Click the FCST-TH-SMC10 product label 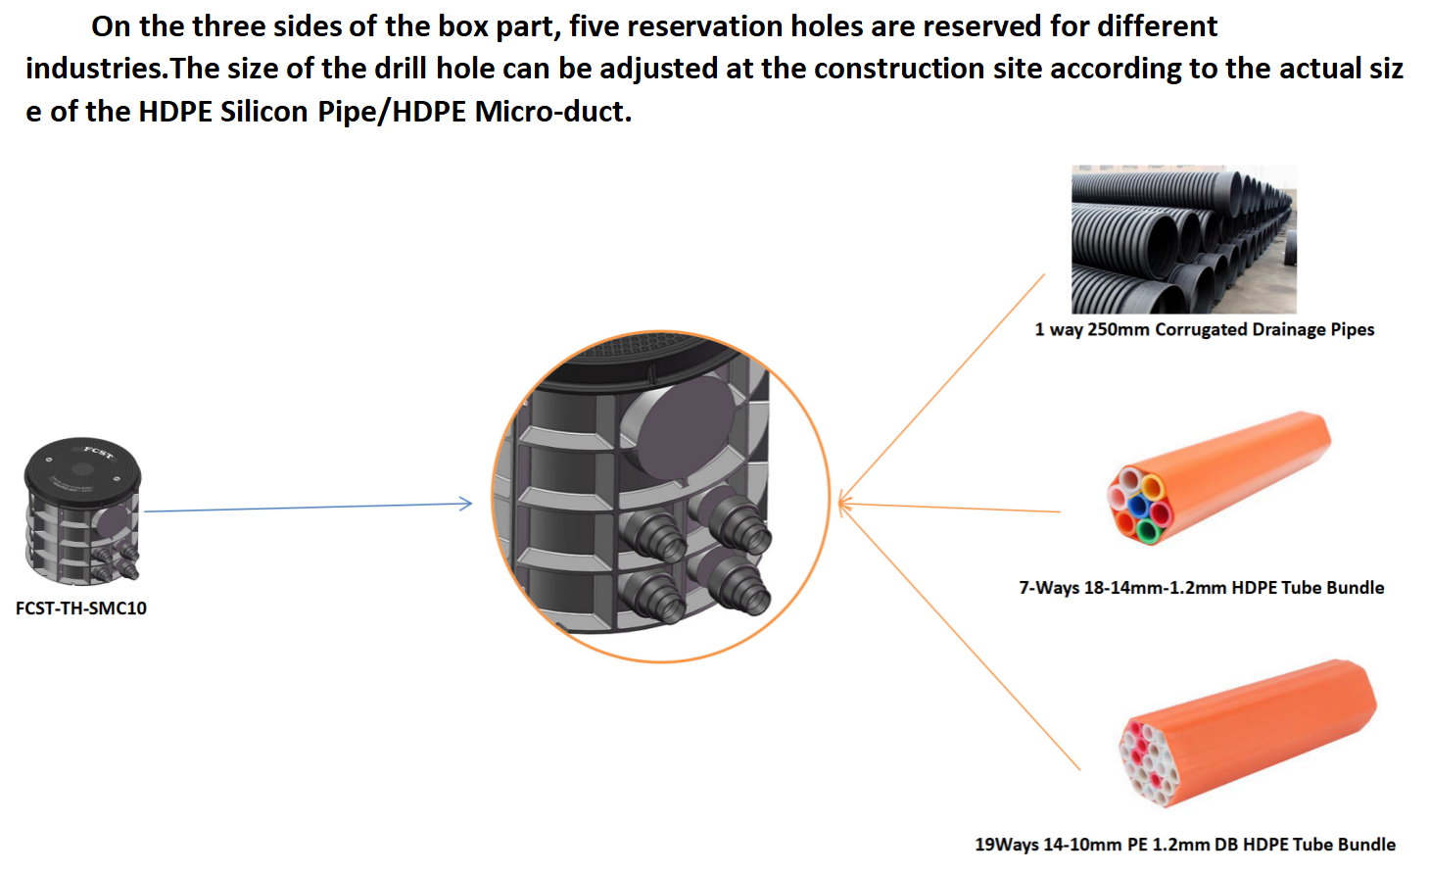[x=81, y=608]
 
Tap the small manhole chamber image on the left [x=83, y=510]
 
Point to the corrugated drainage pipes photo [x=1183, y=239]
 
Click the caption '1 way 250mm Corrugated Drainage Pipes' [x=1204, y=329]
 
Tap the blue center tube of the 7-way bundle [x=1138, y=507]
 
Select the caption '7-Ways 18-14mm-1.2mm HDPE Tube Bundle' [x=1201, y=588]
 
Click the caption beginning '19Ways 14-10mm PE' [x=1185, y=845]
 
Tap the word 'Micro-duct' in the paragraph [x=549, y=112]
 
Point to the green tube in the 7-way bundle [x=1147, y=532]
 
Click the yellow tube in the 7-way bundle [x=1153, y=486]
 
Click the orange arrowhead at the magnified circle [x=844, y=504]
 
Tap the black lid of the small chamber [x=82, y=465]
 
